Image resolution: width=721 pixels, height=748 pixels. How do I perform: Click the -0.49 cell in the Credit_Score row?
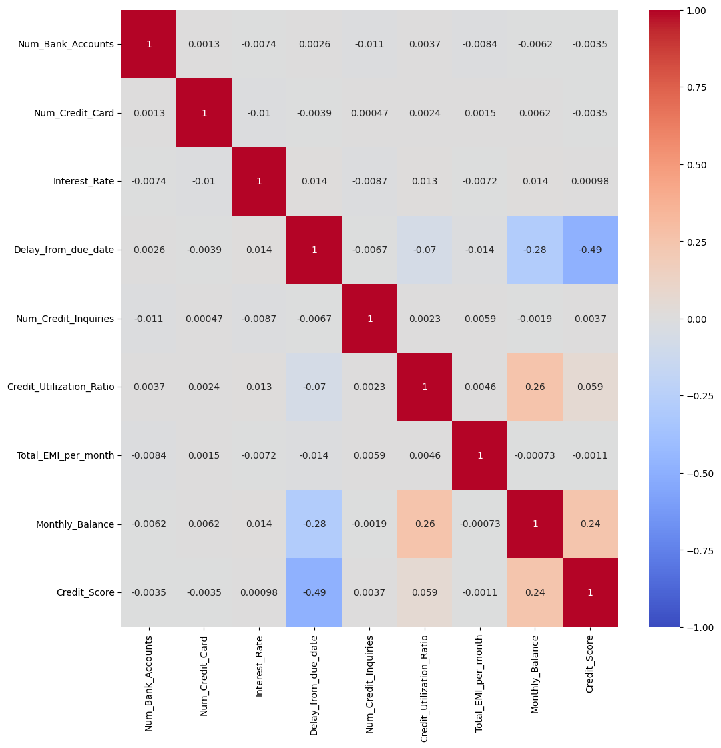tap(314, 592)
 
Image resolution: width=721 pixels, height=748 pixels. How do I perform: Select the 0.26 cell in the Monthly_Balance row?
tap(425, 524)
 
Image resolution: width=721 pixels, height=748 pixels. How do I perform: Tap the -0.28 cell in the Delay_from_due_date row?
tap(535, 250)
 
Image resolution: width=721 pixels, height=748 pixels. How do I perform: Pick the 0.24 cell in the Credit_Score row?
tap(535, 592)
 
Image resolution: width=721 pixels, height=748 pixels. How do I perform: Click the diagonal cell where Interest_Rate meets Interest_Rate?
tap(259, 181)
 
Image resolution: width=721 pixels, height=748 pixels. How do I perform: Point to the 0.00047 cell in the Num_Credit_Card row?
tap(369, 113)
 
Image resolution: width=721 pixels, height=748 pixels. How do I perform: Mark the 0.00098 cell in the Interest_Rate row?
tap(590, 181)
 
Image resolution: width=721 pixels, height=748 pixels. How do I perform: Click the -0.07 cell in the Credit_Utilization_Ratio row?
tap(314, 387)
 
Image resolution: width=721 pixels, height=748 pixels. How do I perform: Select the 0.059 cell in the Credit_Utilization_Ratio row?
tap(590, 387)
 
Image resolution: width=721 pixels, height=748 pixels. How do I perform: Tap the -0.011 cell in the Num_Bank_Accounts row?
tap(369, 44)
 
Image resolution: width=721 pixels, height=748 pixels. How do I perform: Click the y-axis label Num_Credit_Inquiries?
tap(65, 319)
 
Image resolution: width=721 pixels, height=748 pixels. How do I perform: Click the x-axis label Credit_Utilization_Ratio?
tap(425, 682)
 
